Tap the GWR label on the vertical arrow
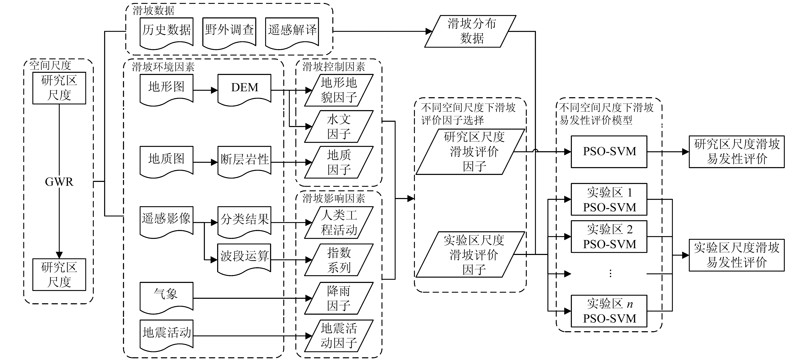pos(59,182)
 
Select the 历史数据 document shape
pos(167,31)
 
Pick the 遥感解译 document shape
pos(292,31)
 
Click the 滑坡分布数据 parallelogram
pos(470,31)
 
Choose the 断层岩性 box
pos(244,160)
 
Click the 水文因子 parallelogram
pos(339,126)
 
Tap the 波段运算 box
pos(244,257)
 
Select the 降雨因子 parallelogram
pos(339,298)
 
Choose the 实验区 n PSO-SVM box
pos(609,311)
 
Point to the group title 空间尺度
pos(50,65)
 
